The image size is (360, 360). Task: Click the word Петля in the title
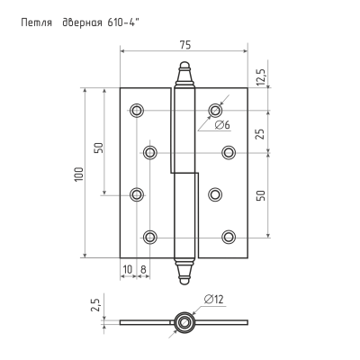(x=37, y=22)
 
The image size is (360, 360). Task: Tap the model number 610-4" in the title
(x=123, y=22)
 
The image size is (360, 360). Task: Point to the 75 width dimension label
(x=185, y=45)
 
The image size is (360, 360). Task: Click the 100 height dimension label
(x=78, y=174)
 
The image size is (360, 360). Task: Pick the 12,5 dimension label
(x=261, y=76)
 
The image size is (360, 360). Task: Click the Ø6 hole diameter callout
(x=222, y=125)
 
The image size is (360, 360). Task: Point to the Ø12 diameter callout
(x=213, y=299)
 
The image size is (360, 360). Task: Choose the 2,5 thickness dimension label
(x=95, y=304)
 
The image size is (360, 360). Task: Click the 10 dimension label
(x=128, y=269)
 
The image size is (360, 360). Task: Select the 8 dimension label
(x=143, y=269)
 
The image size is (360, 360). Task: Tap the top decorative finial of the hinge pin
(x=184, y=74)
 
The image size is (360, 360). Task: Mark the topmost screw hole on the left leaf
(x=137, y=110)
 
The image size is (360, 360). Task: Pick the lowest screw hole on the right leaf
(x=229, y=238)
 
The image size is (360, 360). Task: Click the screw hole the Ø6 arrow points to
(x=215, y=110)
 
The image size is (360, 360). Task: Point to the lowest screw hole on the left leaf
(x=150, y=238)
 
